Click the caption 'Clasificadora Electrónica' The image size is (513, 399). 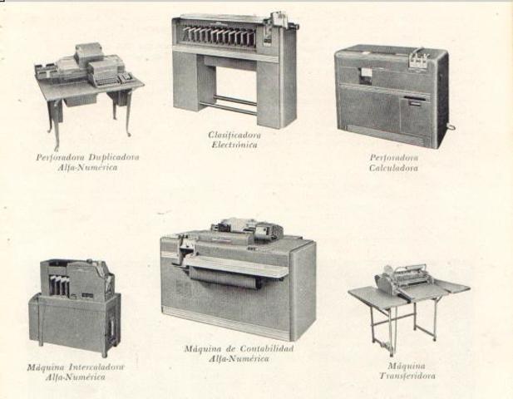[232, 138]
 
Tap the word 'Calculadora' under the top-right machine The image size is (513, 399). [393, 167]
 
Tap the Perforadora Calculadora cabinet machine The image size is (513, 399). [391, 96]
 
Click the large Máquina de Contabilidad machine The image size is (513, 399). [238, 278]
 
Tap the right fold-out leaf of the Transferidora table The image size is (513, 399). [449, 288]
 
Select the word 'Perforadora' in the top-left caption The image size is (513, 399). [57, 156]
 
